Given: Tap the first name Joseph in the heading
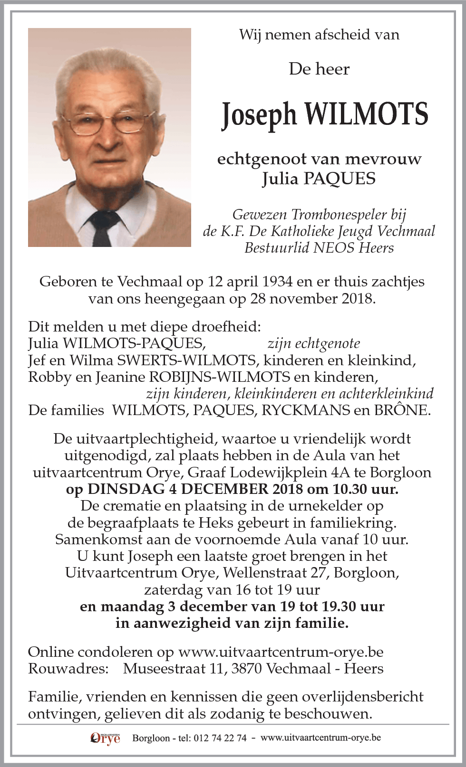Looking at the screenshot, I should click(x=259, y=115).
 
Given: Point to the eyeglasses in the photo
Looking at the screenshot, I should click(x=108, y=122).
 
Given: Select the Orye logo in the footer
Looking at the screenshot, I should click(x=105, y=739).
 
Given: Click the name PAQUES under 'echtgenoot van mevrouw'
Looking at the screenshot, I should click(x=339, y=179).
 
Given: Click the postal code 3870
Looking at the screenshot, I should click(x=246, y=669).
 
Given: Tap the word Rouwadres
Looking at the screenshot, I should click(x=68, y=669).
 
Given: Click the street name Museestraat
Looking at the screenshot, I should click(x=165, y=669).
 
